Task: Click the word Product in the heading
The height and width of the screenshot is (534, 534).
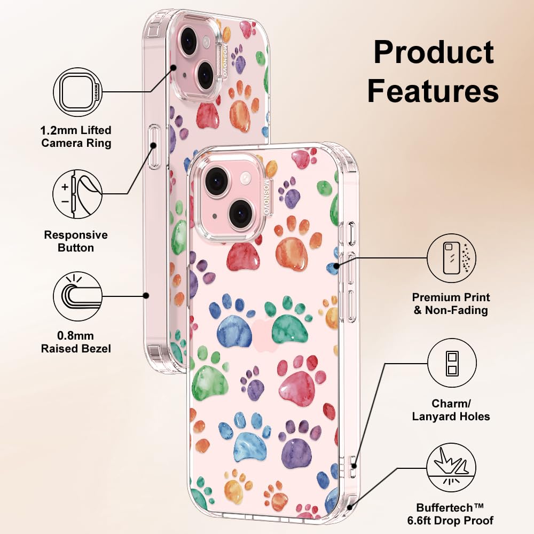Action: (x=433, y=52)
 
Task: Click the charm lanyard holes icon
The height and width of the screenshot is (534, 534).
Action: (x=451, y=363)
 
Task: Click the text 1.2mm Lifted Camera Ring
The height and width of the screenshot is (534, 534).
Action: (x=76, y=137)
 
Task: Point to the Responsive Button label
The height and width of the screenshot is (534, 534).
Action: (x=76, y=241)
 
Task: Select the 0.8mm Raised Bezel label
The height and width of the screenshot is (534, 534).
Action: (x=76, y=342)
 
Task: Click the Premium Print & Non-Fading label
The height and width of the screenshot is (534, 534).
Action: (x=451, y=304)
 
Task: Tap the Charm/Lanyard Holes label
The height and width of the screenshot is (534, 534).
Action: (x=451, y=410)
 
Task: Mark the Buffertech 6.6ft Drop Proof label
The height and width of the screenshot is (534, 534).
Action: (x=455, y=514)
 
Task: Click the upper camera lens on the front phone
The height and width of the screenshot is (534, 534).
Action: (x=217, y=181)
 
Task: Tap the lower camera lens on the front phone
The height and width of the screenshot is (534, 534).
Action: (x=241, y=213)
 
